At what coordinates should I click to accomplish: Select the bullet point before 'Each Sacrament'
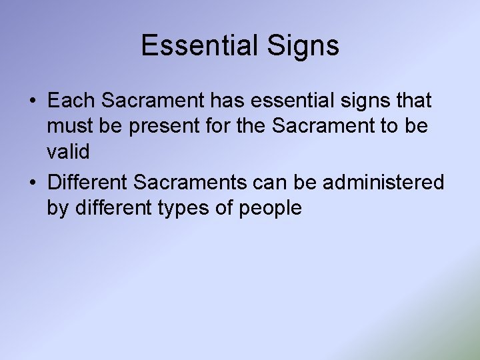tap(33, 102)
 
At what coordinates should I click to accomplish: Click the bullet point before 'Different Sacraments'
tap(33, 182)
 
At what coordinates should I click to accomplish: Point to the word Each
tap(71, 101)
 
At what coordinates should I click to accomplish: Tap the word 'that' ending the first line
tap(413, 101)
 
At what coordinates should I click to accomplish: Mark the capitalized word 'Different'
tap(89, 181)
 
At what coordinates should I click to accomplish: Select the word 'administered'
tap(387, 181)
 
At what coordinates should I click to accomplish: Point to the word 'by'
tap(57, 208)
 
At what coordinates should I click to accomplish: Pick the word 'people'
tap(273, 208)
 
